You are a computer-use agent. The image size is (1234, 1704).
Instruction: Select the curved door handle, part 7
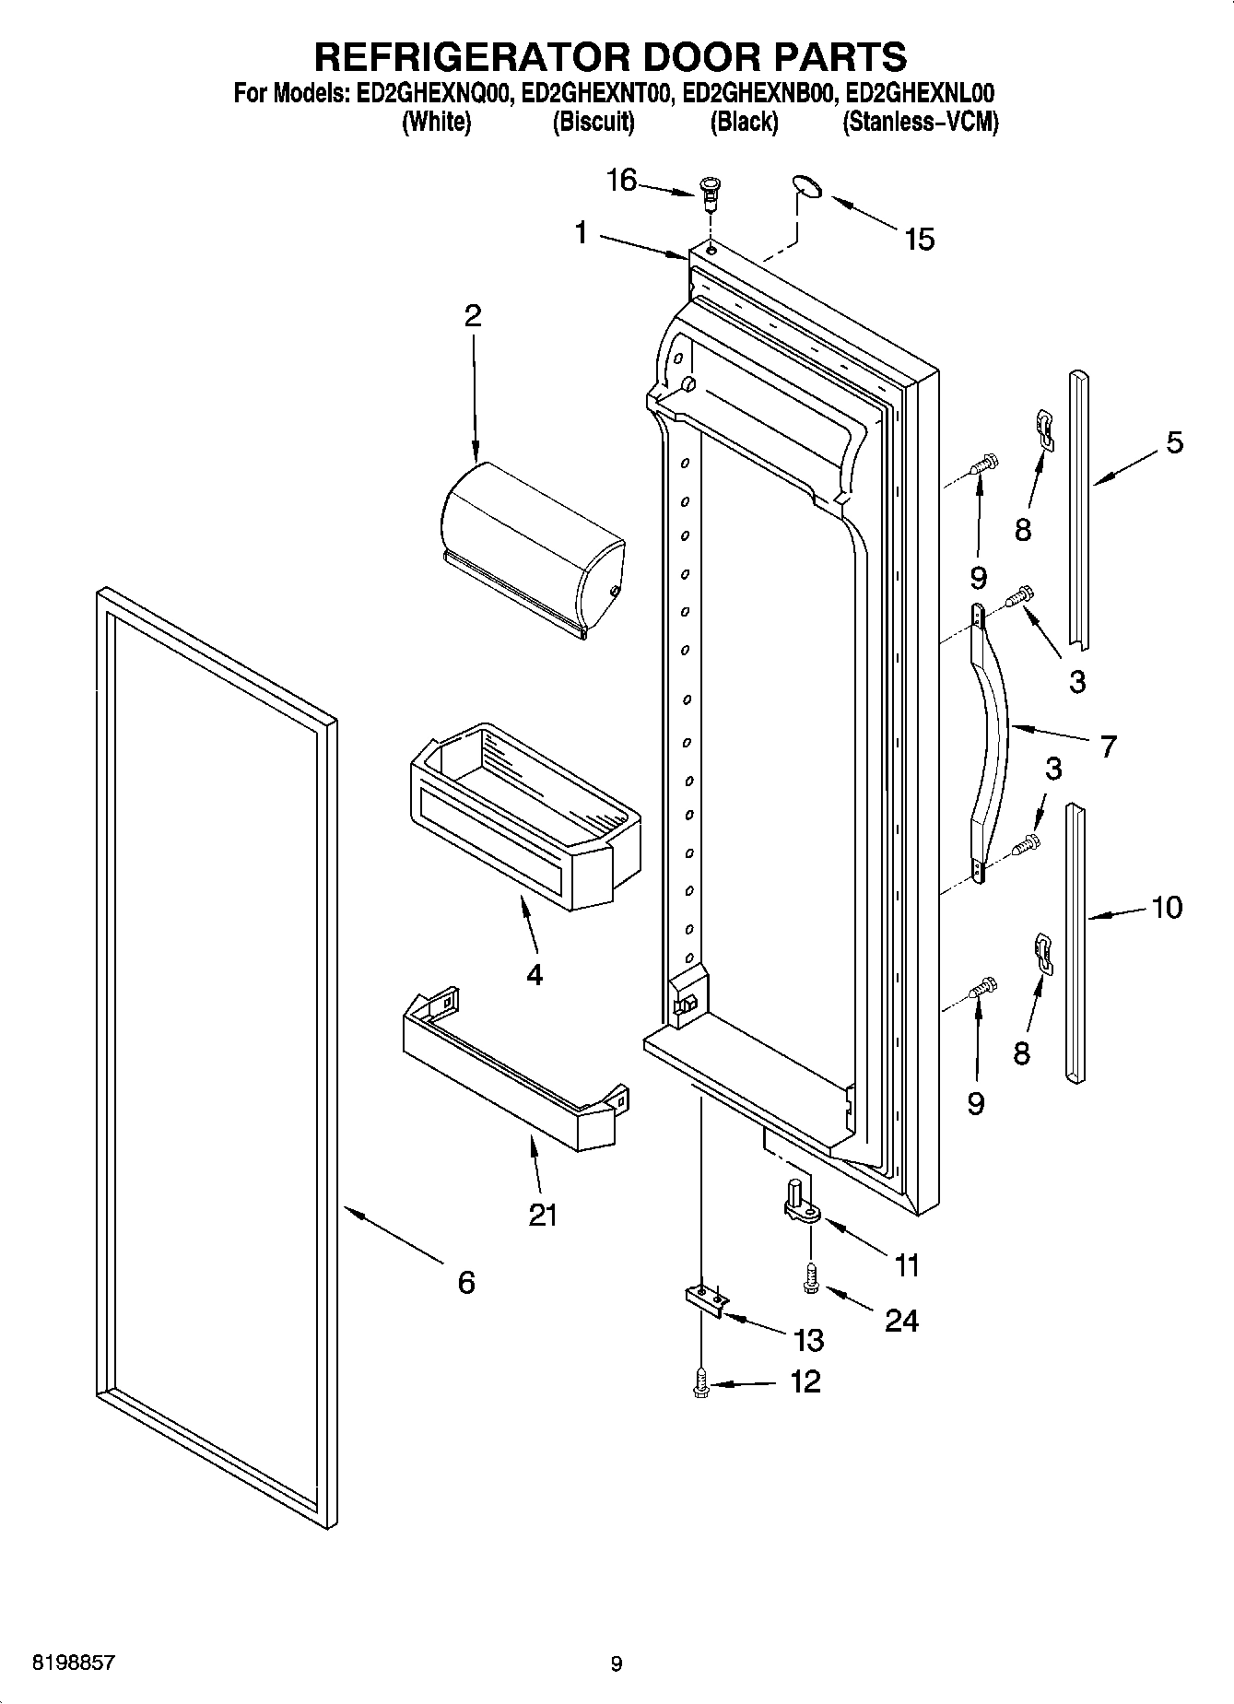click(x=993, y=737)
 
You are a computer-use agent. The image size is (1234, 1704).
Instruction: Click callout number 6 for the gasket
click(x=466, y=1282)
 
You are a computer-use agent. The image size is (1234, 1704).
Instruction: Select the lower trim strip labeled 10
click(x=1075, y=940)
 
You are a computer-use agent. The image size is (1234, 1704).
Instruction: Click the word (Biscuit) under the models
click(x=593, y=123)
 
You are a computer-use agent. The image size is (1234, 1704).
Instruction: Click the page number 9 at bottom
click(x=617, y=1663)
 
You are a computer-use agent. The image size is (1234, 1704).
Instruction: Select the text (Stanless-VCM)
click(x=920, y=123)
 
